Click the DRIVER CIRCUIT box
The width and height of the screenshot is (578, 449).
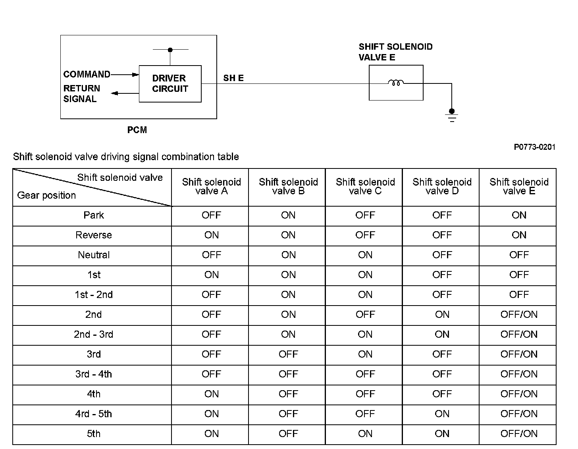(170, 84)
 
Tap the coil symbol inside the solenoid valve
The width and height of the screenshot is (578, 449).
(396, 83)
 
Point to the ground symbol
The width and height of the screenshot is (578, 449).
(452, 116)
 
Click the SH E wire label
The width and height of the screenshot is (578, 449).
(233, 78)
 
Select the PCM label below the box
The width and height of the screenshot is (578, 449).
(137, 130)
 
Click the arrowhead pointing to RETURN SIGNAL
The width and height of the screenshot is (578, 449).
(115, 93)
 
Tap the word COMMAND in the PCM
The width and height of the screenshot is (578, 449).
(87, 74)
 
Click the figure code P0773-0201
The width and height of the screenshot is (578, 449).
(534, 147)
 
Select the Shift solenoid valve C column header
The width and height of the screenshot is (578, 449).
(365, 186)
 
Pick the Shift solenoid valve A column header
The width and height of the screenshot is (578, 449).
(211, 186)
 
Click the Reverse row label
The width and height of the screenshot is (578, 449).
(94, 235)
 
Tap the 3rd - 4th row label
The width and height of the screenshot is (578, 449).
(94, 374)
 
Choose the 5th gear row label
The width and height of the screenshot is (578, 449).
(94, 434)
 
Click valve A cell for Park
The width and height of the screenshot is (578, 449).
(211, 215)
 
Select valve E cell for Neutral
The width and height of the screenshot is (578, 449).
(519, 255)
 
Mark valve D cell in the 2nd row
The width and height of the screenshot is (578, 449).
(442, 315)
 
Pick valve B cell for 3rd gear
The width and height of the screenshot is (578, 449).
(288, 354)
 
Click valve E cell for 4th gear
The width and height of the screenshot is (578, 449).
(519, 394)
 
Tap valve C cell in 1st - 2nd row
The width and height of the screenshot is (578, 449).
(365, 295)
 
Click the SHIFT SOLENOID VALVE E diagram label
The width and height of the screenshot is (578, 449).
(395, 52)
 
